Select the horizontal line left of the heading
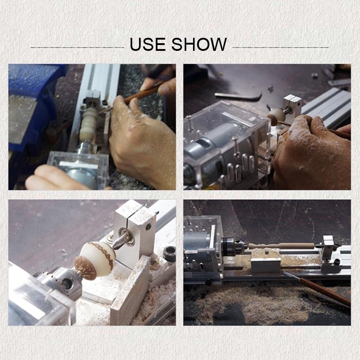77,47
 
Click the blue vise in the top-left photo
31,99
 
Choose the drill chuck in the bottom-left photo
58,281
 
